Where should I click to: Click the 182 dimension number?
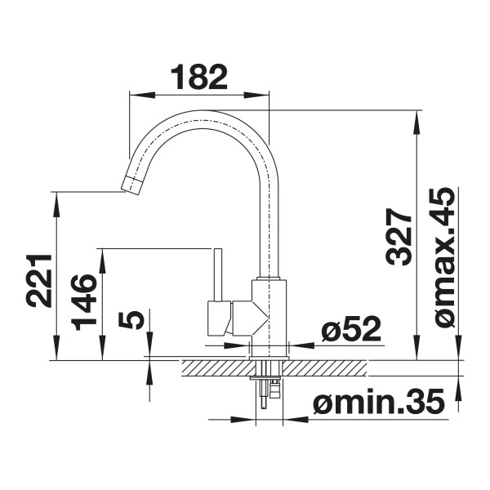click(x=199, y=77)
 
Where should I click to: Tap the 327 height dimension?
click(x=399, y=237)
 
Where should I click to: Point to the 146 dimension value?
click(x=83, y=302)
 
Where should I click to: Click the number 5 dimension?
click(x=131, y=320)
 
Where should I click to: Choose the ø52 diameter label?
click(x=351, y=328)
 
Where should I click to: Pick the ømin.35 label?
click(x=379, y=401)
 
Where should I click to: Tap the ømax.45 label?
click(x=443, y=257)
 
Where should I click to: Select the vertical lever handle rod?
click(x=218, y=275)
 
